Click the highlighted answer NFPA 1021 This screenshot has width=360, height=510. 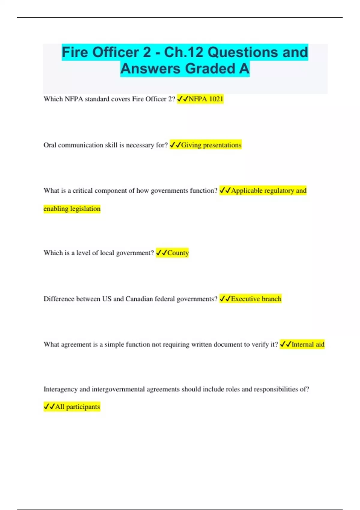(206, 99)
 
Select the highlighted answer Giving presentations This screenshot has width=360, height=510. (211, 145)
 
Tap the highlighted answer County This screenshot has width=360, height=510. (178, 253)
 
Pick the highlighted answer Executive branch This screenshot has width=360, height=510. (256, 299)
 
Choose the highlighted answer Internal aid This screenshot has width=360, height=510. (308, 344)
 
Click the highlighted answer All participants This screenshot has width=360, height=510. (77, 407)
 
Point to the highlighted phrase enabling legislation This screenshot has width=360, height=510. (72, 208)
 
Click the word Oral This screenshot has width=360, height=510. (50, 145)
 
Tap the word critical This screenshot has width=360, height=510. (82, 190)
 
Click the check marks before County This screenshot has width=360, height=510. (161, 253)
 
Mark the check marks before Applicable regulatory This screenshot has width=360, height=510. (225, 190)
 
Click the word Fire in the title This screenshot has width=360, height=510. (75, 52)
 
